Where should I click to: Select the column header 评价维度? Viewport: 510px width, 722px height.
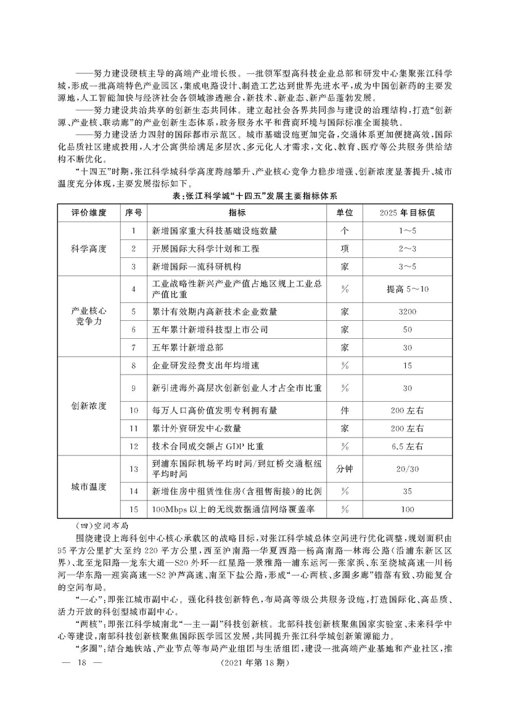pos(89,212)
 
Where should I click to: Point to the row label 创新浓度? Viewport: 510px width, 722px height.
pos(89,407)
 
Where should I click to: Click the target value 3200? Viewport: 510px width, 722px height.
pos(408,312)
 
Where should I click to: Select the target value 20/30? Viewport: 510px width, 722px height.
pos(408,468)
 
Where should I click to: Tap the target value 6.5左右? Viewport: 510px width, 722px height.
pos(408,446)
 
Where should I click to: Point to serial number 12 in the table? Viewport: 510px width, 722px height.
pos(134,446)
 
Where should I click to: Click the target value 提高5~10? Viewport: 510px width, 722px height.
pos(408,288)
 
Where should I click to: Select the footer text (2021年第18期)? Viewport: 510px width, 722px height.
pos(255,697)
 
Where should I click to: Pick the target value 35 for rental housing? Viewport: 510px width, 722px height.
pos(408,491)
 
